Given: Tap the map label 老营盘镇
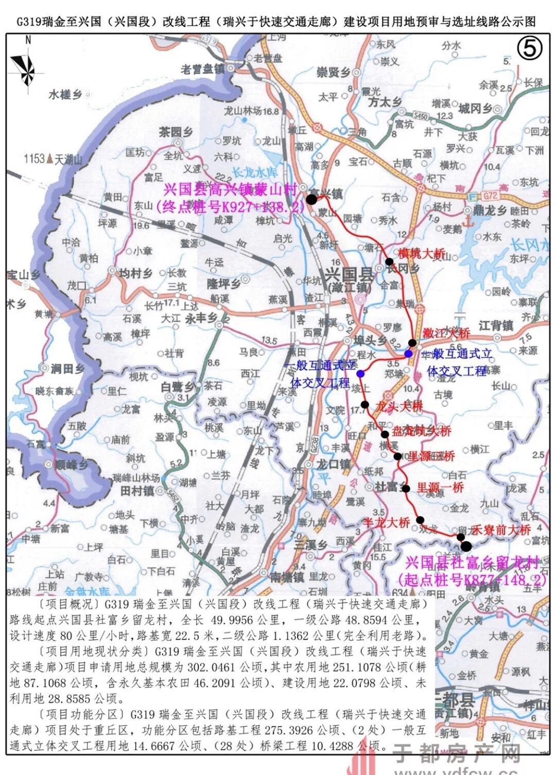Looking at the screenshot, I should click(203, 69).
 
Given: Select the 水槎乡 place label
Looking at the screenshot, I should click(66, 95).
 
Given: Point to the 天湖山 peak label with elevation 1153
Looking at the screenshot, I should click(53, 159).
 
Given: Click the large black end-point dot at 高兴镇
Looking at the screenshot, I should click(312, 199).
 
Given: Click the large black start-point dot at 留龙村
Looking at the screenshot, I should click(466, 546).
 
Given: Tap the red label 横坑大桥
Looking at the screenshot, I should click(421, 253).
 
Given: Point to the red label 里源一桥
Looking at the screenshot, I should click(440, 487).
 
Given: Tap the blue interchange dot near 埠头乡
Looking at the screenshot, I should click(360, 373).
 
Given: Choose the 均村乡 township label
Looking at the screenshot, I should click(136, 273).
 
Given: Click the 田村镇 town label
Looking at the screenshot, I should click(137, 491).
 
